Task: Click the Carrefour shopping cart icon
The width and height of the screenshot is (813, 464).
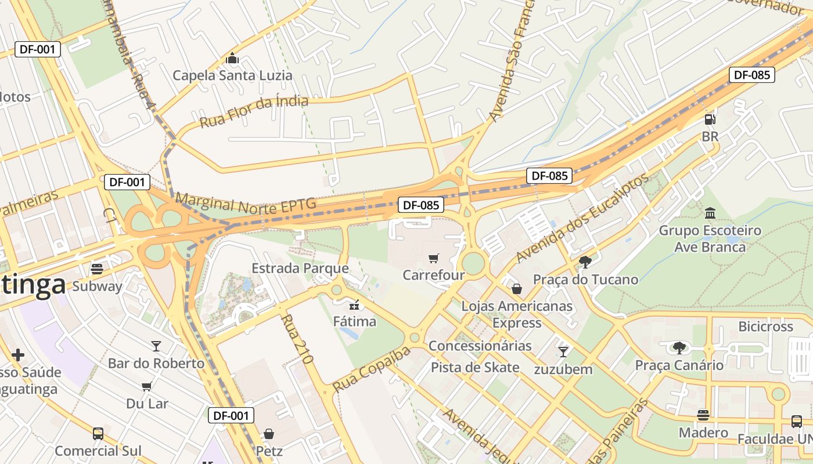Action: (x=433, y=258)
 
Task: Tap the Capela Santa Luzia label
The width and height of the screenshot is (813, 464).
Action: (x=232, y=75)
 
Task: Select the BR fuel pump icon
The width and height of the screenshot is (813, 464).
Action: (x=710, y=119)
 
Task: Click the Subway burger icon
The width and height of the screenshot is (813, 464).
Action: (x=97, y=269)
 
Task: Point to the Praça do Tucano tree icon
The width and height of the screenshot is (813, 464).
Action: (x=585, y=262)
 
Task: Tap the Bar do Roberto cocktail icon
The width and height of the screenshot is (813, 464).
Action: (x=156, y=346)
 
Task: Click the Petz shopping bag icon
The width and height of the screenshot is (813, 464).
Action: (x=269, y=433)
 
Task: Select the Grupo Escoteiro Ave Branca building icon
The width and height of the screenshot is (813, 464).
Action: (x=710, y=213)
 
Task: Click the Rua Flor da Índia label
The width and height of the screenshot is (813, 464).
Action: (x=254, y=111)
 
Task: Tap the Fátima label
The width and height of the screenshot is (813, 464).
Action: (x=354, y=321)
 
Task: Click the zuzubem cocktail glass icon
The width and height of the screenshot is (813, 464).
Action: (x=563, y=351)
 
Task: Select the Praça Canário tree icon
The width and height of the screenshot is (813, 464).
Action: (x=679, y=348)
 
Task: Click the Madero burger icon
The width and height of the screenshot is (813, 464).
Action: (x=703, y=415)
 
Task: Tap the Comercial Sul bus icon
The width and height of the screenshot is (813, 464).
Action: (x=98, y=433)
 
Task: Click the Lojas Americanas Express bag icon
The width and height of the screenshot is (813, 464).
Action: (x=516, y=289)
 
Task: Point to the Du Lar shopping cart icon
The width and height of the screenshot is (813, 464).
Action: (x=147, y=386)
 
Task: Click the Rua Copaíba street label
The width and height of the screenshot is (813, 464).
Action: (x=371, y=369)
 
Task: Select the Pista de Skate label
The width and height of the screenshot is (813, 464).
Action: (x=475, y=367)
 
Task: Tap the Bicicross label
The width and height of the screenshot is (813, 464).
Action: (x=765, y=327)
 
